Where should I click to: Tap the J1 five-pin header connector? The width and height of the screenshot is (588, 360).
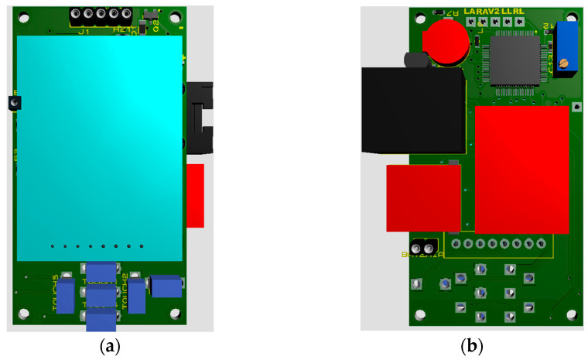[x=100, y=15]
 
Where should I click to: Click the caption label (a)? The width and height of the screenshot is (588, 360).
[x=110, y=346]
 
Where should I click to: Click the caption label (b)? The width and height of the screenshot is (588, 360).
[x=472, y=346]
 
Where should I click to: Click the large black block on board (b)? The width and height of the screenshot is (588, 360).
[x=413, y=108]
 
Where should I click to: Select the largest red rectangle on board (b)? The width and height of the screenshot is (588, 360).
[x=521, y=169]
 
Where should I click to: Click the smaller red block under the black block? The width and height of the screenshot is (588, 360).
[x=423, y=197]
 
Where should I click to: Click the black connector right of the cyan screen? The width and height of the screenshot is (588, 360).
[x=200, y=116]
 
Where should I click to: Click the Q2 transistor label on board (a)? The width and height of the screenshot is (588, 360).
[x=154, y=24]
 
